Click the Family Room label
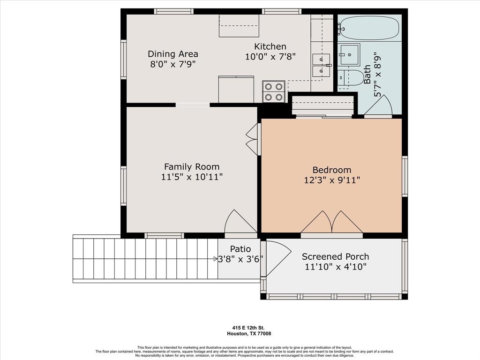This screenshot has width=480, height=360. point(192,167)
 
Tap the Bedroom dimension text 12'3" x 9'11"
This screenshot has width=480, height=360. point(332,180)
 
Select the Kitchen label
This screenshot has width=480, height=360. point(270,46)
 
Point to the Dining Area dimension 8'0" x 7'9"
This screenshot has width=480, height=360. point(172,64)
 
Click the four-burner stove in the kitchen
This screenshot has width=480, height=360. point(274,91)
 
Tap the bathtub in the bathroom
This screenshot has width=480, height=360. point(370,28)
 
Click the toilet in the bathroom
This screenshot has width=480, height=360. point(351,78)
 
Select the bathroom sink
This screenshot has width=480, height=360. point(349,54)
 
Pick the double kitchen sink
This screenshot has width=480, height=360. point(321,65)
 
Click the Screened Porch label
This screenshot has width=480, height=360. point(335,256)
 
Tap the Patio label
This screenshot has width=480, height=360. point(240,249)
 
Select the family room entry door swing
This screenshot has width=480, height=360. point(240,221)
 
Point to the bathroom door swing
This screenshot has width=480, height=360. point(378,105)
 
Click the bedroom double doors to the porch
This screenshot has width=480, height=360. point(332,222)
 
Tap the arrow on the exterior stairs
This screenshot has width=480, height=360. point(216,259)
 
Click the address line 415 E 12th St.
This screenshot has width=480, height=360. point(249,328)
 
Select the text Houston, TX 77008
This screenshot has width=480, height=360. point(249,334)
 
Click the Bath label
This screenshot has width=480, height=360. point(367,75)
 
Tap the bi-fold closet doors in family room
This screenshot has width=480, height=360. point(252,139)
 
